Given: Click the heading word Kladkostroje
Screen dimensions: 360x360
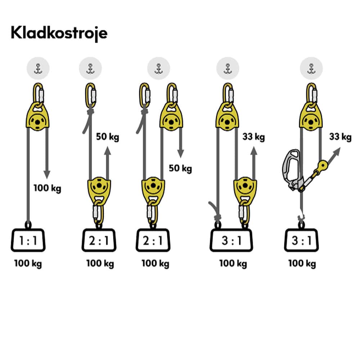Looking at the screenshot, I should click(x=59, y=33).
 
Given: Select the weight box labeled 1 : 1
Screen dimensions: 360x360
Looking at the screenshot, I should click(x=28, y=240).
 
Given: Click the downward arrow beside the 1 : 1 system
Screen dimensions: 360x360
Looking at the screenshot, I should click(x=46, y=158).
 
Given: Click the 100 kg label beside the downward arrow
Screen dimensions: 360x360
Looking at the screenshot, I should click(x=47, y=188).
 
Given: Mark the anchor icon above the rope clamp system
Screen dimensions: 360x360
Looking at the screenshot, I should click(x=311, y=68).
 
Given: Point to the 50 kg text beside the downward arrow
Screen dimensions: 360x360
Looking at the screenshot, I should click(x=180, y=168).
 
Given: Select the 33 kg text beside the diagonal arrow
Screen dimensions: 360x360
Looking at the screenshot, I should click(x=340, y=137).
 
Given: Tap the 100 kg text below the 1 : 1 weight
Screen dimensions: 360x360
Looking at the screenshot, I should click(x=28, y=264).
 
